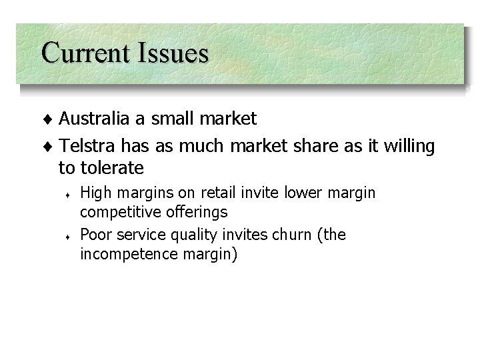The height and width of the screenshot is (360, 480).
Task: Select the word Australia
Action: (x=93, y=119)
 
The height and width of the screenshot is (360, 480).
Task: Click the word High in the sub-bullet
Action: (x=95, y=193)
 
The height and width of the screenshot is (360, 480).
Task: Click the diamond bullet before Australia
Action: (x=52, y=120)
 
